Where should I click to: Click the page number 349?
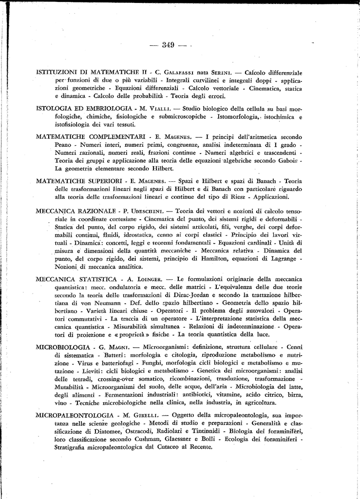(x=168, y=45)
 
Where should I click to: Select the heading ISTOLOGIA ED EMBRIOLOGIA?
(x=84, y=107)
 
